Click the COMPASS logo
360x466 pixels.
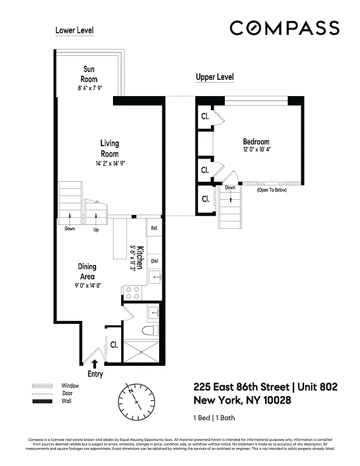(284, 28)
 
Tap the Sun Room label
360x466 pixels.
(89, 75)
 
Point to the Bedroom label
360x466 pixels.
(256, 142)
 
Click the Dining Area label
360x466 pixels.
(87, 271)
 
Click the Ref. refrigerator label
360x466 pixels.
(154, 228)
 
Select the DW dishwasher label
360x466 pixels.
(154, 262)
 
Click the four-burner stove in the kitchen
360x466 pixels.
(130, 292)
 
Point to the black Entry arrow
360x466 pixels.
(95, 363)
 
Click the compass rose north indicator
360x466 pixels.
(137, 401)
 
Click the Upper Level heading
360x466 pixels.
(214, 77)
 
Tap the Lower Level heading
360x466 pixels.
(74, 30)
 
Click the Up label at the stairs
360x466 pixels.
(96, 230)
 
